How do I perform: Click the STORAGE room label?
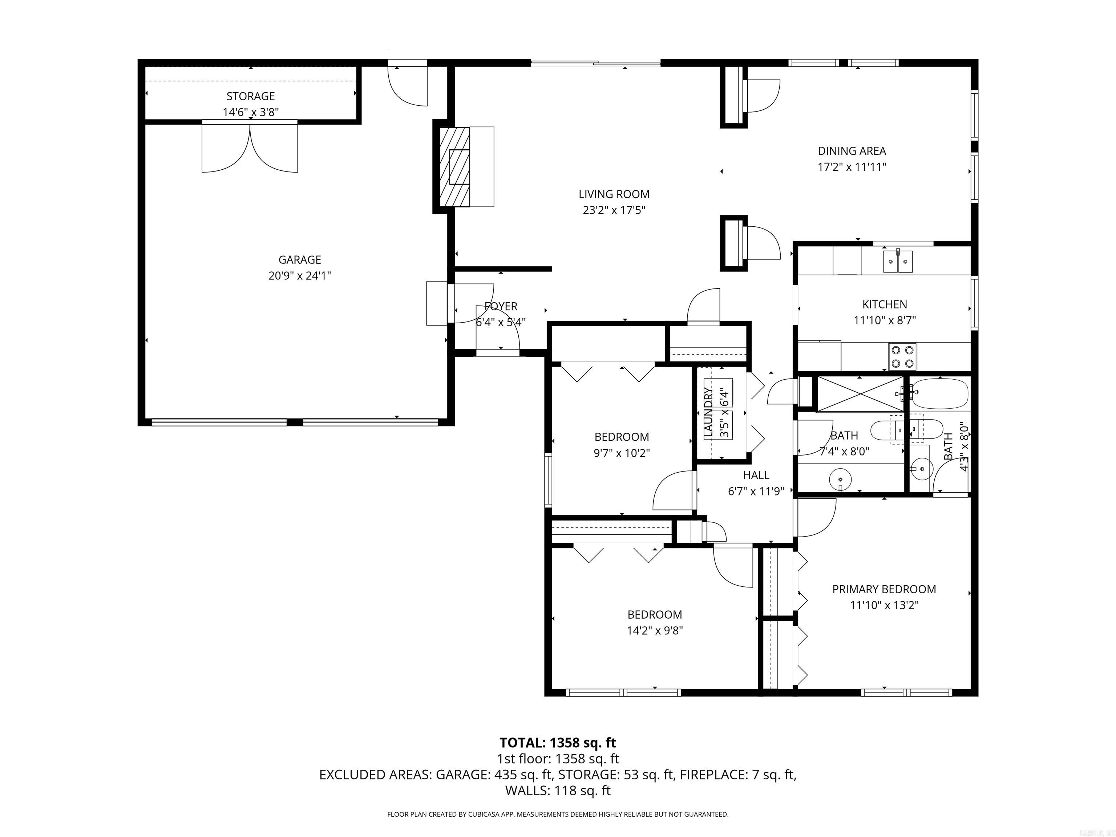click(250, 96)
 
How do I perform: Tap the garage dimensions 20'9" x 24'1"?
click(300, 275)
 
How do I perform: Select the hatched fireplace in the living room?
click(454, 166)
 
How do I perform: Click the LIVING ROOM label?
click(614, 194)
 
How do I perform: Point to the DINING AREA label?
click(852, 150)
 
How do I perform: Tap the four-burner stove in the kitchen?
click(903, 356)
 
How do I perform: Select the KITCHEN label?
click(885, 304)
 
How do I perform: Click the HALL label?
click(756, 475)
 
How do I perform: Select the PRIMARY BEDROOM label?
click(884, 589)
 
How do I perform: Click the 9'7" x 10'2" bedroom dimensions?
click(621, 453)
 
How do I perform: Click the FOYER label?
click(501, 306)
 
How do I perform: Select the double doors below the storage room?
click(250, 147)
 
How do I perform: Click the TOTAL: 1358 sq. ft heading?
click(558, 743)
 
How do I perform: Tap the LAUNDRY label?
click(708, 412)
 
